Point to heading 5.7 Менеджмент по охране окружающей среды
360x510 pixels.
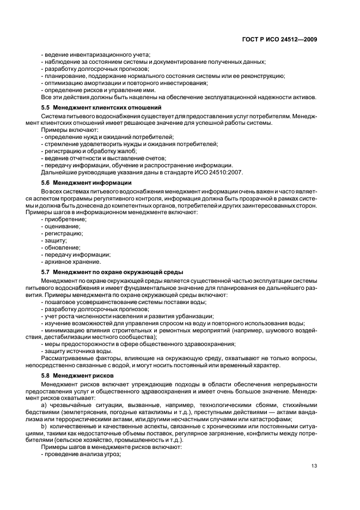112,271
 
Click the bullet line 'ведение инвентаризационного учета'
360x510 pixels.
96,55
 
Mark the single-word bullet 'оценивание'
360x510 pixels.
62,226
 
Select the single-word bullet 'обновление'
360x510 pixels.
62,247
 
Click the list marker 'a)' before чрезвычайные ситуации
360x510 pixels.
45,405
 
